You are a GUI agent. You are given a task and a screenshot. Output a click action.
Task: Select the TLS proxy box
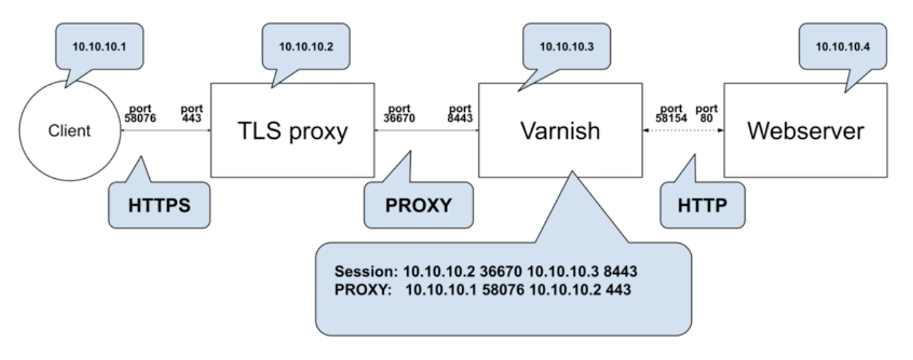pos(293,130)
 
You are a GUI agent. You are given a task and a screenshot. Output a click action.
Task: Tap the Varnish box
pos(560,130)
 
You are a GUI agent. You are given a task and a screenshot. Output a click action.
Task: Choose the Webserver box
pos(805,130)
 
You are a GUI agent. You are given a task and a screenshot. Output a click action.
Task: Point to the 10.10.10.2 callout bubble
pos(305,46)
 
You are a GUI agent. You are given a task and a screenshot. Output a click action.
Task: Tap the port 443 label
pos(194,113)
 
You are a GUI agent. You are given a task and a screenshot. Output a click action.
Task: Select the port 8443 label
pos(463,113)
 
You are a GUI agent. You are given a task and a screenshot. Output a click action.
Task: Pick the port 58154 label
pos(671,113)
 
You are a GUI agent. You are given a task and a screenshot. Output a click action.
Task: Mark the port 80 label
pos(707,113)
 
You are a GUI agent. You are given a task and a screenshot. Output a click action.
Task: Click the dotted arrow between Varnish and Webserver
pos(683,130)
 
